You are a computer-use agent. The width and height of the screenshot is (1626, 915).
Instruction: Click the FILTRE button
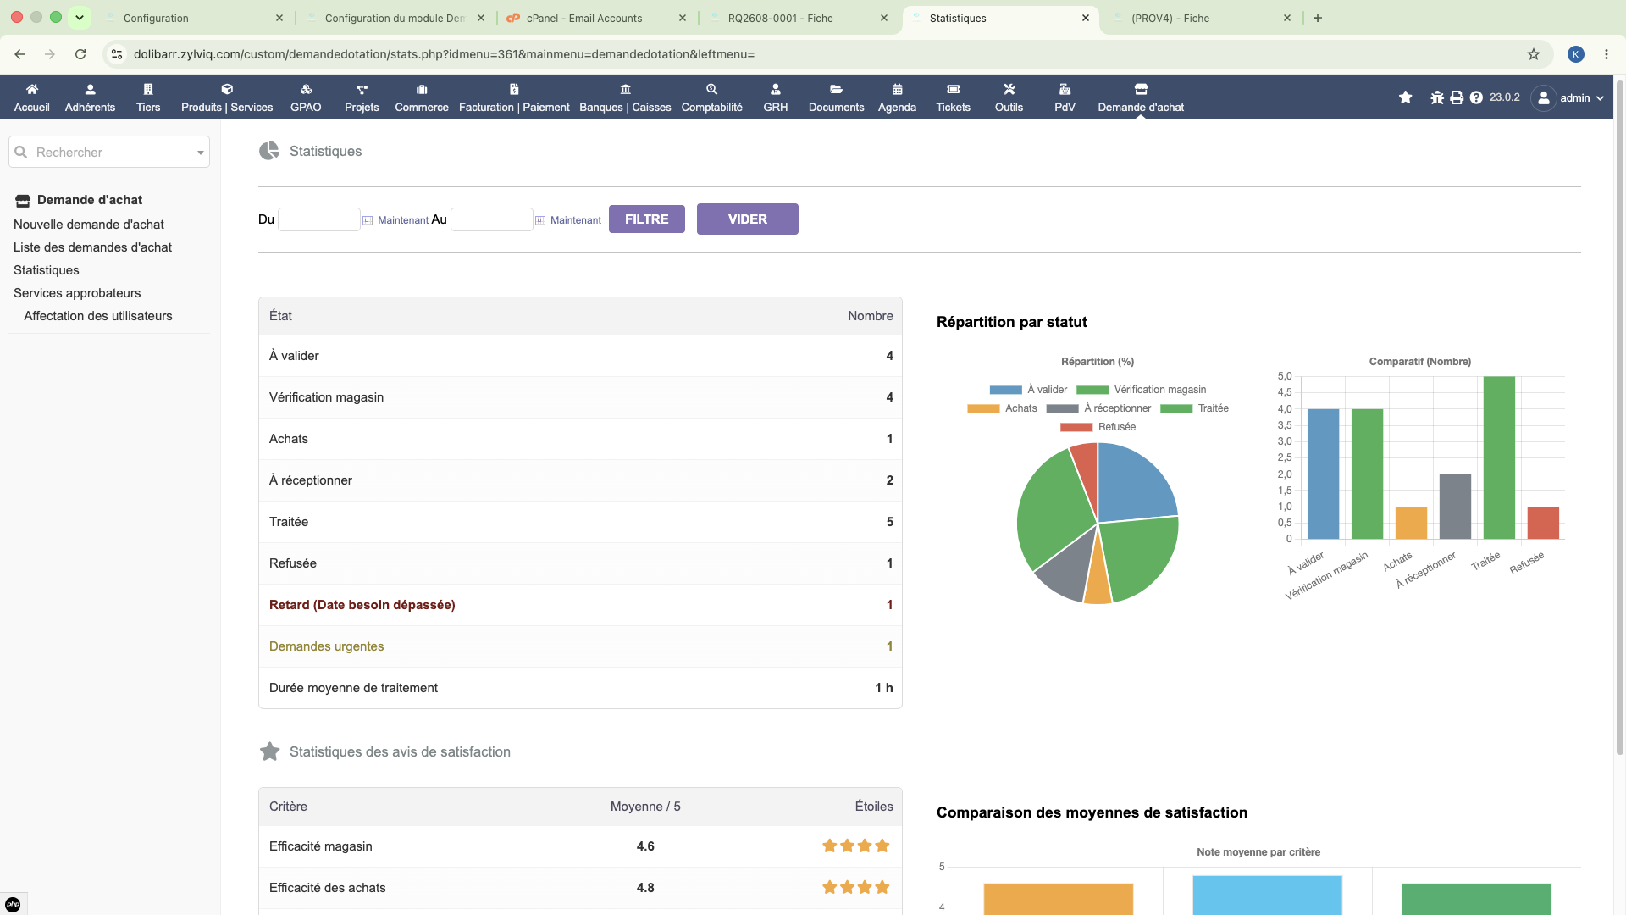(x=646, y=219)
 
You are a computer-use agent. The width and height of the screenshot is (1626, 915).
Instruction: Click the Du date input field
(x=319, y=219)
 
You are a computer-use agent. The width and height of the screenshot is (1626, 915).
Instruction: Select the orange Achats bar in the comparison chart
(x=1411, y=523)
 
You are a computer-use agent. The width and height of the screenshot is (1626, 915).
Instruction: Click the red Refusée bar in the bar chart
(x=1543, y=523)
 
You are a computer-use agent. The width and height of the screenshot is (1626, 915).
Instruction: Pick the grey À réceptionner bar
(x=1455, y=507)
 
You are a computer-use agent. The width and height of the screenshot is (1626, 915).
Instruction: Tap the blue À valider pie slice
(x=1134, y=484)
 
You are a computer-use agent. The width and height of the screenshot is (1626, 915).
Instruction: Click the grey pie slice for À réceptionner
(x=1063, y=568)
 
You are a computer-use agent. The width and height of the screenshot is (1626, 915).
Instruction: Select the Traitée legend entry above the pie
(x=1194, y=408)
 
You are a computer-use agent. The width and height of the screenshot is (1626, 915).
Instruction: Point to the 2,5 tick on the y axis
(x=1285, y=457)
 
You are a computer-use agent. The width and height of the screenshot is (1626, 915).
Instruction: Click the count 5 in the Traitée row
(x=889, y=522)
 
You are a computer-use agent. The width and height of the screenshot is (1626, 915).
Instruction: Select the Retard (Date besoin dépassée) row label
(x=362, y=605)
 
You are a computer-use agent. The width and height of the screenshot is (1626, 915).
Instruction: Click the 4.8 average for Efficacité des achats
(x=645, y=888)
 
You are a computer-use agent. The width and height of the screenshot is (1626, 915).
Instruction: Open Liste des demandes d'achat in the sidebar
(x=92, y=247)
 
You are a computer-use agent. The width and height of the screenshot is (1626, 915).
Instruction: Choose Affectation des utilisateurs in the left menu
(x=98, y=316)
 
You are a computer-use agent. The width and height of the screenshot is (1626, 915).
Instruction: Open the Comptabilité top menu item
(x=711, y=97)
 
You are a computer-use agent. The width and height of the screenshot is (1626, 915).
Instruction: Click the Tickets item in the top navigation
(x=953, y=97)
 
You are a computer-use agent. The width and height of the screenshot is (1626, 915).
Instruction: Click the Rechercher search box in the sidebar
(x=109, y=152)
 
